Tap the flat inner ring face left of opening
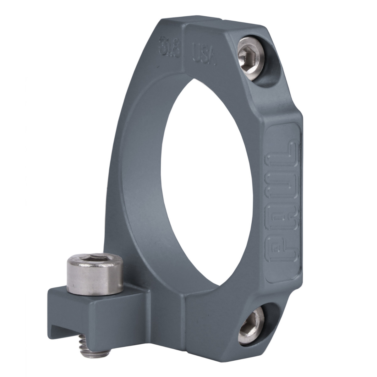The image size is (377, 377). (138, 188)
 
